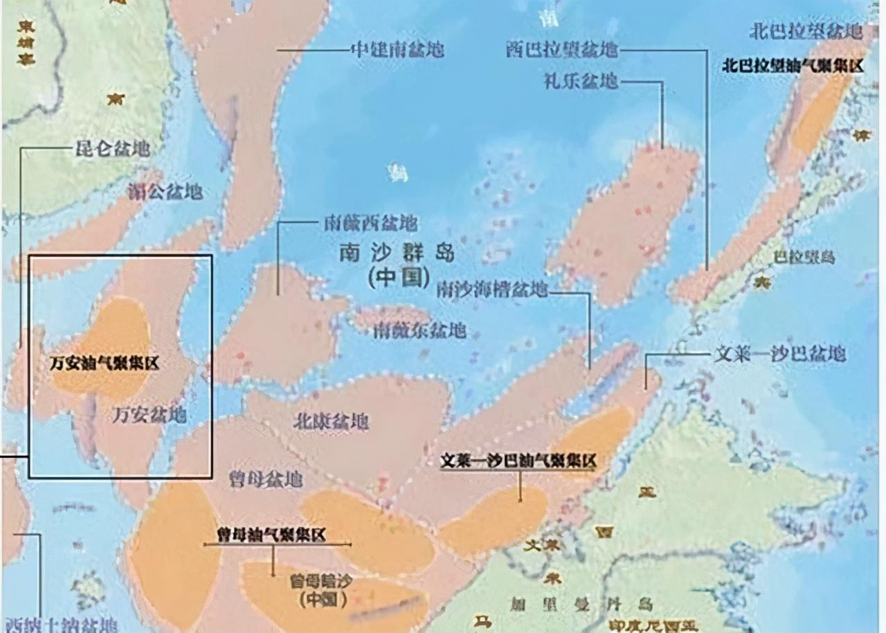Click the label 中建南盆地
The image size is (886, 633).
pyautogui.click(x=397, y=50)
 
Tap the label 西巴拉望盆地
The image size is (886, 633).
pyautogui.click(x=561, y=50)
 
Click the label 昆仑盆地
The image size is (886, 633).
pyautogui.click(x=112, y=148)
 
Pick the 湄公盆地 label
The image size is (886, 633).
pyautogui.click(x=165, y=191)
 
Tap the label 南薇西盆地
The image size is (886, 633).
pyautogui.click(x=371, y=223)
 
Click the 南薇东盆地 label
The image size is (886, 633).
pyautogui.click(x=419, y=330)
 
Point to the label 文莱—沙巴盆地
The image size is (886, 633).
pyautogui.click(x=779, y=354)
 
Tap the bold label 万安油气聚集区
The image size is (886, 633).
pyautogui.click(x=104, y=363)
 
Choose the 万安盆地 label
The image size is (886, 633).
pyautogui.click(x=150, y=414)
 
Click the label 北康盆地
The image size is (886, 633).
pyautogui.click(x=331, y=421)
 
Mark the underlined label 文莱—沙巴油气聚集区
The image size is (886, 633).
pyautogui.click(x=518, y=461)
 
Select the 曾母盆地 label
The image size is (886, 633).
pyautogui.click(x=265, y=479)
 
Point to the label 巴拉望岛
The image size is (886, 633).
pyautogui.click(x=804, y=258)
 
